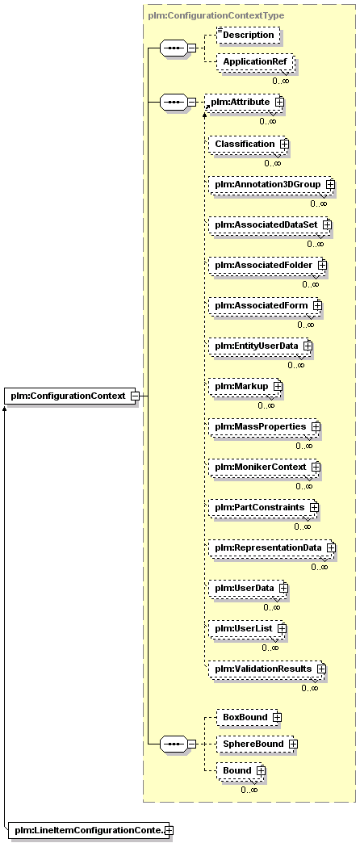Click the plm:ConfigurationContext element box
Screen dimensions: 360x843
(x=71, y=396)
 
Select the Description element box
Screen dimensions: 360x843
(x=249, y=36)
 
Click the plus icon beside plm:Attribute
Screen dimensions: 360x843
(x=278, y=101)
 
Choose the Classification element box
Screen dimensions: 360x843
(x=249, y=144)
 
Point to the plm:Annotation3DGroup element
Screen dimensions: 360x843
(x=271, y=184)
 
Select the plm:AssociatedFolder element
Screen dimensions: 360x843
(x=268, y=265)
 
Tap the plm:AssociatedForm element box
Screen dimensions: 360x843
(x=266, y=305)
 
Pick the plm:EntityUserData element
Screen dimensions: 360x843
(x=261, y=346)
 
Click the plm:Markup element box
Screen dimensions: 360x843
(x=245, y=386)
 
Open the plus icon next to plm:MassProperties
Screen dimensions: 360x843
(x=316, y=426)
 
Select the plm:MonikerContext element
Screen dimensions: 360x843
(x=265, y=467)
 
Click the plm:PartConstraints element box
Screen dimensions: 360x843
(x=264, y=507)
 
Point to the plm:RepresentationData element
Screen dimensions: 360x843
(x=272, y=547)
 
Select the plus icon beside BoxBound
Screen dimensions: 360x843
(x=277, y=717)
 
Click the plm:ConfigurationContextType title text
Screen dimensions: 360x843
(x=216, y=16)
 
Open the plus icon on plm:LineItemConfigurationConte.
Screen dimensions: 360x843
(x=170, y=831)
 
